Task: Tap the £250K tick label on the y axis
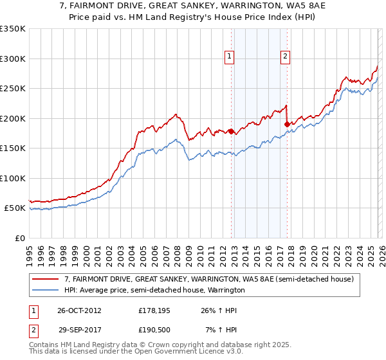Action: (x=13, y=89)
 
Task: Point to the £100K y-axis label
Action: (x=13, y=178)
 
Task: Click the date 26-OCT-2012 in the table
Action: (x=79, y=310)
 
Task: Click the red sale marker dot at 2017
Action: (x=287, y=124)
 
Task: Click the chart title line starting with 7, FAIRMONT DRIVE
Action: (x=192, y=6)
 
